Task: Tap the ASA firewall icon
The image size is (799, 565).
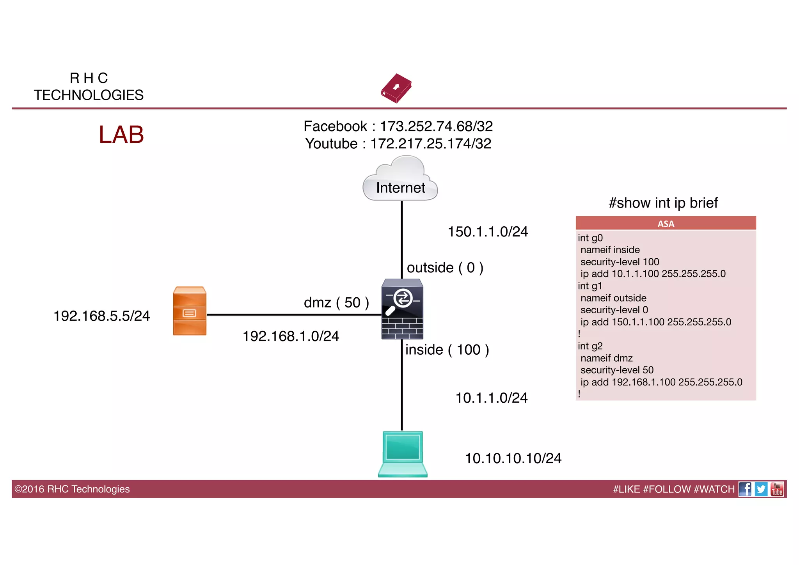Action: click(402, 309)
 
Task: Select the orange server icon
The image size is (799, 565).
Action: click(190, 311)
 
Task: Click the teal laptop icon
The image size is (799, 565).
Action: click(403, 454)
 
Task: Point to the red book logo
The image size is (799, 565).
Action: click(396, 88)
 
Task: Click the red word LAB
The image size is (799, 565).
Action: click(121, 135)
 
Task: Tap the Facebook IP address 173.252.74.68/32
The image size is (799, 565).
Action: click(436, 126)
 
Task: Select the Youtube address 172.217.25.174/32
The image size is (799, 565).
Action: click(431, 144)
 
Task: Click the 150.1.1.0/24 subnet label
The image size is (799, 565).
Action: click(488, 232)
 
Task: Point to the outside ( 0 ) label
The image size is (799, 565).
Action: click(445, 268)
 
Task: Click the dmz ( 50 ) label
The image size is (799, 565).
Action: click(336, 302)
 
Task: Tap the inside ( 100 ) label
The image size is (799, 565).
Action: click(447, 350)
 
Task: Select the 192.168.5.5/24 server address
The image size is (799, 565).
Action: click(101, 316)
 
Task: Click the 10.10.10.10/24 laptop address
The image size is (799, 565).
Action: click(513, 458)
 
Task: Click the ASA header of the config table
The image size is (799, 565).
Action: click(666, 224)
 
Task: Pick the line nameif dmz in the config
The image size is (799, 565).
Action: click(607, 358)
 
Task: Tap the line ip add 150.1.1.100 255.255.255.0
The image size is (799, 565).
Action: click(655, 322)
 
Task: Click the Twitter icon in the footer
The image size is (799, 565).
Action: click(761, 489)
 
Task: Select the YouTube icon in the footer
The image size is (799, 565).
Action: click(777, 489)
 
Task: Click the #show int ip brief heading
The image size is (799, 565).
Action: click(663, 203)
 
